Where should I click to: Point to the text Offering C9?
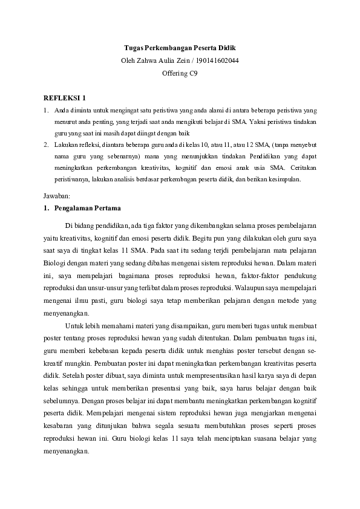[x=180, y=73]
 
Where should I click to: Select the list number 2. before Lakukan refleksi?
[x=46, y=145]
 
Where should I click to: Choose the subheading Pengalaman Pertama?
[x=87, y=209]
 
